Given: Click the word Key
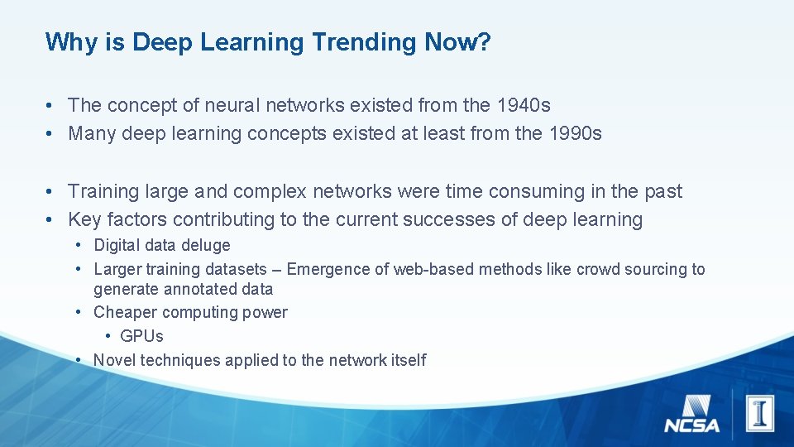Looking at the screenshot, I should pyautogui.click(x=84, y=219).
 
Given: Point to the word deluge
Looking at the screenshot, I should pyautogui.click(x=207, y=245).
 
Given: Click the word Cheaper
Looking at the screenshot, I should pyautogui.click(x=124, y=312).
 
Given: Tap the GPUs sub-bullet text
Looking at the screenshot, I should pyautogui.click(x=141, y=336).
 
